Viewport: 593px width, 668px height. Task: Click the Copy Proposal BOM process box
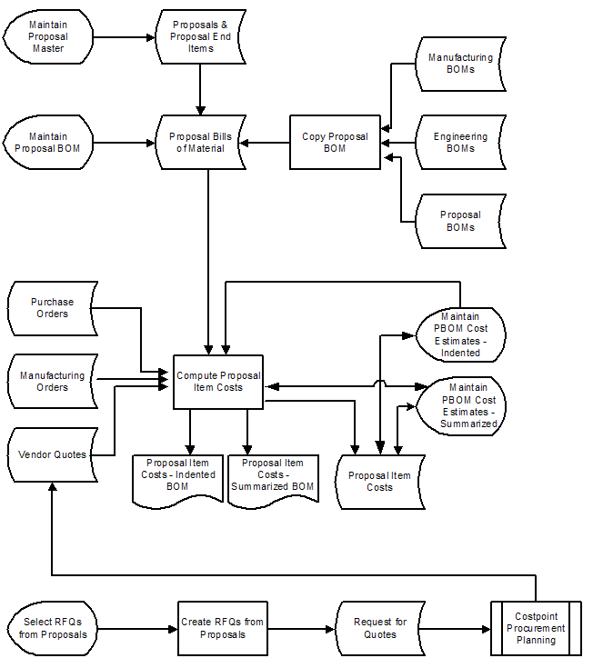[x=335, y=142]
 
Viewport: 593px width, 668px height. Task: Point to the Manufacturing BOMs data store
[x=460, y=63]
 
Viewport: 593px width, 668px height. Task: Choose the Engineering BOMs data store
[x=460, y=142]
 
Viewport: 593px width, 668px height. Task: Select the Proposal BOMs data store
[x=460, y=221]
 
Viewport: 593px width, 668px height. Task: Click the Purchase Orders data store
[x=52, y=308]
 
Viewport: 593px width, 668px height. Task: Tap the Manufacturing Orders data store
[x=52, y=381]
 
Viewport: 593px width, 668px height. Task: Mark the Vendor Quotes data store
[x=52, y=454]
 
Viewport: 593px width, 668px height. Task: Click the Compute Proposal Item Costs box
[x=218, y=382]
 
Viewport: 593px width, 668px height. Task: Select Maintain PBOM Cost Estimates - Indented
[x=460, y=334]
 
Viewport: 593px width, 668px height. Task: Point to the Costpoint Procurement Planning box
[x=536, y=627]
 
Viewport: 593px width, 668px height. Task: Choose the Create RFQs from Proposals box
[x=222, y=627]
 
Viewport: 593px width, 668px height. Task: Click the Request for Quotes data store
[x=380, y=627]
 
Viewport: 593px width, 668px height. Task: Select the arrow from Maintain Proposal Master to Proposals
[x=124, y=37]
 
